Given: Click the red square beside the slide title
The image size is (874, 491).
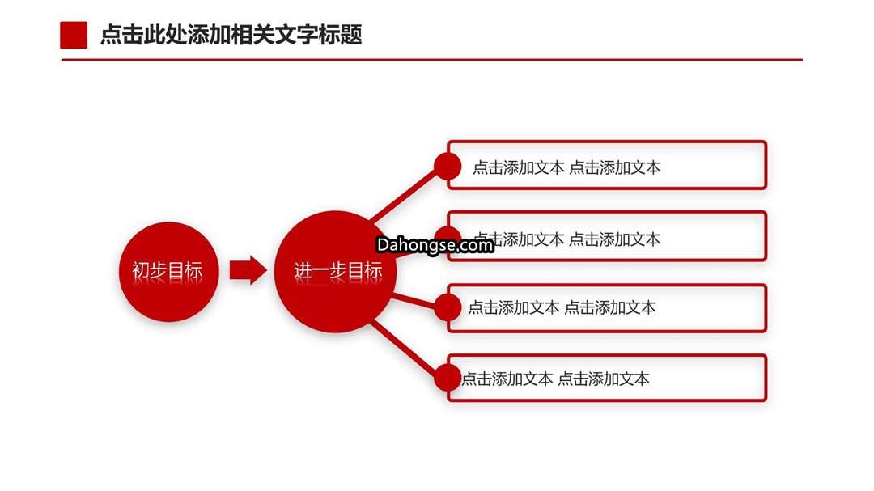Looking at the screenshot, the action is coord(74,35).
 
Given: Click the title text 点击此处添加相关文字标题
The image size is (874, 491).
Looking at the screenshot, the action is coord(231,35).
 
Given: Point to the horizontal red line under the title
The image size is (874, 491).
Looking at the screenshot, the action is coord(431,59).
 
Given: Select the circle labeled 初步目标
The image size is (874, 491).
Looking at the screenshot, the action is coord(168,272).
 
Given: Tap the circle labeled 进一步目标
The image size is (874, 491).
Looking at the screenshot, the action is coord(336,272).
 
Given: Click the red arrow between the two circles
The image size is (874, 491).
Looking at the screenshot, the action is coord(248,270).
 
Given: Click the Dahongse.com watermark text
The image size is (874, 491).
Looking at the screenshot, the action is coord(435,245).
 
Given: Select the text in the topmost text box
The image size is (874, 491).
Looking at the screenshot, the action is coord(566,167).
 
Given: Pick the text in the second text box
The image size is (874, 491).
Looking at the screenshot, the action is coord(566,239).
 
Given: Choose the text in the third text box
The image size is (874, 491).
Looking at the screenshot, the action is coord(562,307).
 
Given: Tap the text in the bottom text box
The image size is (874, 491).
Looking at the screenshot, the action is coord(556,379).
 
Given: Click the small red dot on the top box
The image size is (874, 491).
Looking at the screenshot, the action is coord(448,166).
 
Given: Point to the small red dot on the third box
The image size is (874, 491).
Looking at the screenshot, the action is coord(448,307).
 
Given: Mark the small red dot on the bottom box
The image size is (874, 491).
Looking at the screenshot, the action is coord(448,378).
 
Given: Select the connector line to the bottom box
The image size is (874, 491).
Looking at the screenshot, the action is coord(403,349).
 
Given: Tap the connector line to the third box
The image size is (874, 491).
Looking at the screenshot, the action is coord(414,302).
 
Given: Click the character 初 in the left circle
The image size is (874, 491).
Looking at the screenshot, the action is coord(141,271).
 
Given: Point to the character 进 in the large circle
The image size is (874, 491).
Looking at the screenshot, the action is coord(303,271).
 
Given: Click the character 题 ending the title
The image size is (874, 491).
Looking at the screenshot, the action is coord(352,35).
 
